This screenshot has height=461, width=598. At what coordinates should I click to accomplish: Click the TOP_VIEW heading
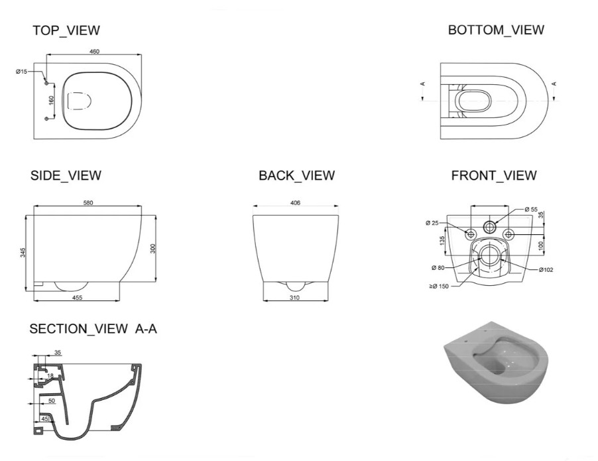[x=66, y=30]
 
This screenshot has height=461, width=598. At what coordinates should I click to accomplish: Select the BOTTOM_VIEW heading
[x=496, y=30]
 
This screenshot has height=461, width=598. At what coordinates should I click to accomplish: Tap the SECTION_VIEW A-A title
[x=93, y=328]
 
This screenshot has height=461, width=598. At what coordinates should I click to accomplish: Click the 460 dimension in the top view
[x=94, y=52]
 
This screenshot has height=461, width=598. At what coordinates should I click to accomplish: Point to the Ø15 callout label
[x=22, y=72]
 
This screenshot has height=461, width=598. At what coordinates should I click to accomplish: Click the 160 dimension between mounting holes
[x=52, y=101]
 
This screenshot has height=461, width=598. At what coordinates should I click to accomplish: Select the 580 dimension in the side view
[x=88, y=203]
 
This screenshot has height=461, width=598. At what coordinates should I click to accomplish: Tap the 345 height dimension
[x=23, y=253]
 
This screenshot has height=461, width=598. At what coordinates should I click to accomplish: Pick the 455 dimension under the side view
[x=77, y=298]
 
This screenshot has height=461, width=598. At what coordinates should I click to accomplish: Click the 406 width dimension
[x=295, y=203]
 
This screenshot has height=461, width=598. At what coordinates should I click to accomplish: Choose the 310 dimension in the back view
[x=294, y=298]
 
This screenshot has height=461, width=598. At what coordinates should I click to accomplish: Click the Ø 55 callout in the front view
[x=531, y=209]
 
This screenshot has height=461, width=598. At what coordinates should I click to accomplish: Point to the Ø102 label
[x=546, y=270]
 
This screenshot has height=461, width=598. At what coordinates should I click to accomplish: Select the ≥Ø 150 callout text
[x=439, y=286]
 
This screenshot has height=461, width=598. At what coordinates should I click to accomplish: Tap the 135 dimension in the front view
[x=442, y=241]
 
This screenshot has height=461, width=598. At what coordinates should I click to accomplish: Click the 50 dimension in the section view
[x=52, y=401]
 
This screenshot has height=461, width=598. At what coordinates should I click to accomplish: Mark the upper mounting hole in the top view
[x=46, y=83]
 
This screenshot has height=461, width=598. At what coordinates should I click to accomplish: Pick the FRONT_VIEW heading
[x=494, y=176]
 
